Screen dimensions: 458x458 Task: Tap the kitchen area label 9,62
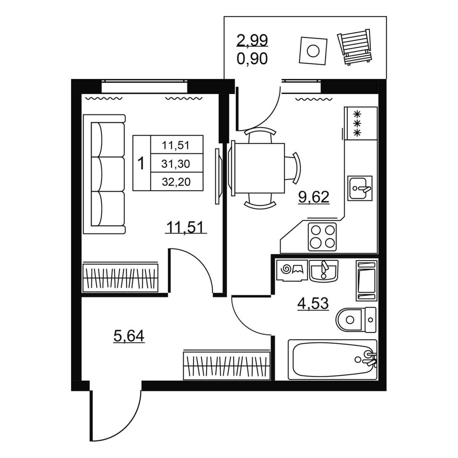point(314,197)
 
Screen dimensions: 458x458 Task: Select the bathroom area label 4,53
point(313,303)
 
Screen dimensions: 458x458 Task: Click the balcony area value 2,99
point(252,40)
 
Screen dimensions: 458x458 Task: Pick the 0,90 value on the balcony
point(252,59)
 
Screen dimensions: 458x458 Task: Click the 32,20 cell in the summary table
point(176,182)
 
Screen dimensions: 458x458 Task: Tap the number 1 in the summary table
point(141,163)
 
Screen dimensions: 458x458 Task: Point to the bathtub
point(332,360)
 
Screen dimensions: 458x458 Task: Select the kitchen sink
point(360,188)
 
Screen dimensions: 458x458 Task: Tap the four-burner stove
point(322,237)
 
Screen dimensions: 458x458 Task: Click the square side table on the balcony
point(313,51)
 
